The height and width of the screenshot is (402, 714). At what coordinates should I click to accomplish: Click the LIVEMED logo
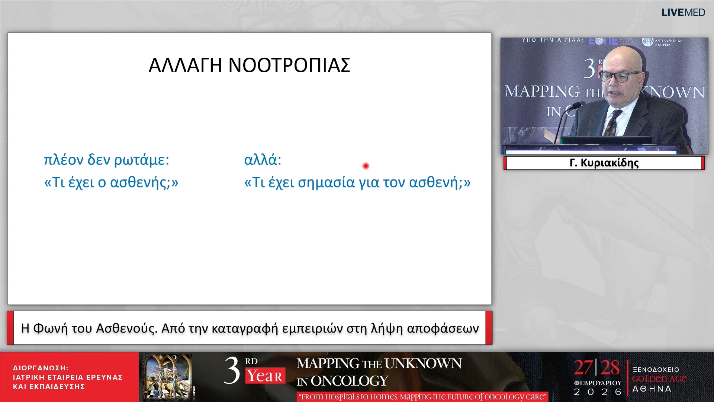click(x=683, y=13)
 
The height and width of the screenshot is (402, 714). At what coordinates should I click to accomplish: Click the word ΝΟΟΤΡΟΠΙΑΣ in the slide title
click(x=289, y=66)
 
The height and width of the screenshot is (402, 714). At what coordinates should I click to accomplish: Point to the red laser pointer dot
click(x=366, y=166)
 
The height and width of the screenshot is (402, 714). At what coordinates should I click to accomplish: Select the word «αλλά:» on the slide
click(x=263, y=160)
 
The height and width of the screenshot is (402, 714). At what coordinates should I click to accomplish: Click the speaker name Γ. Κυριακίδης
click(x=604, y=163)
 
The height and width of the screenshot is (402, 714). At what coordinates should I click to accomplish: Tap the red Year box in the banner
click(x=265, y=376)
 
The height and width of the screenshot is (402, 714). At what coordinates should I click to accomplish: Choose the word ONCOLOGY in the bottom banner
click(x=349, y=381)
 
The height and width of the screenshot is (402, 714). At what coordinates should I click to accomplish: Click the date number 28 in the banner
click(x=610, y=368)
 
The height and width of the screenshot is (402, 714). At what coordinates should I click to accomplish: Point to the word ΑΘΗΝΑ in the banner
click(x=652, y=389)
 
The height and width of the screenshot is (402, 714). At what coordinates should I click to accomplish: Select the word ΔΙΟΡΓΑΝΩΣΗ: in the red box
click(x=41, y=368)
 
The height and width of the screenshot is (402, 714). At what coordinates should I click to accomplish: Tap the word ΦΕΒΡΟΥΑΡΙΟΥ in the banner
click(x=598, y=383)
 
